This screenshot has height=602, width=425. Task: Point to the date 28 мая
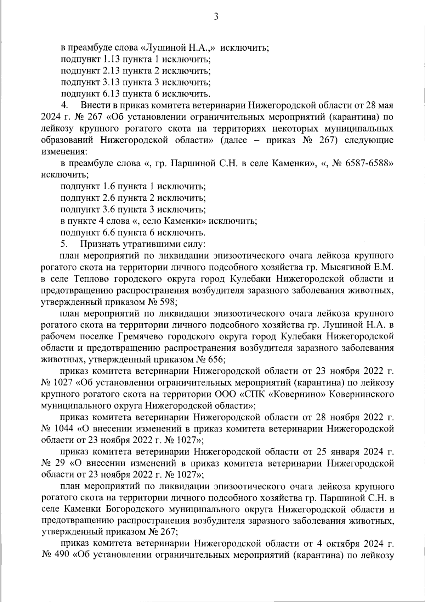[x=377, y=106]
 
